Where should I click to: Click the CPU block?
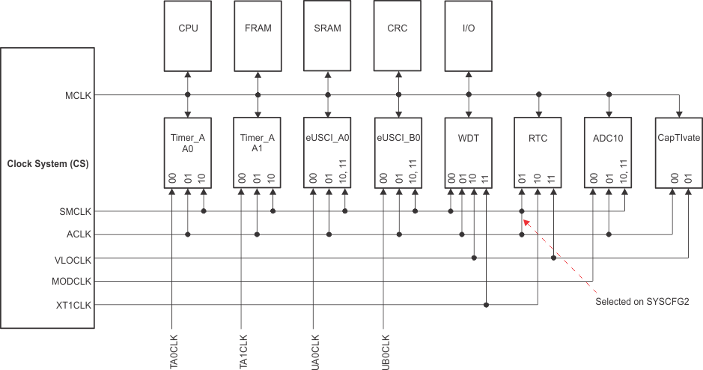pyautogui.click(x=187, y=28)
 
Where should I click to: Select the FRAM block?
pyautogui.click(x=258, y=28)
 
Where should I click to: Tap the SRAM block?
pyautogui.click(x=327, y=28)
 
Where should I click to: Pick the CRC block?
pyautogui.click(x=398, y=28)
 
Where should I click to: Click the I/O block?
pyautogui.click(x=468, y=28)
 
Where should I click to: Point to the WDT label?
pyautogui.click(x=468, y=139)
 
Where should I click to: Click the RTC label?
pyautogui.click(x=538, y=139)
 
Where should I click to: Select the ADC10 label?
pyautogui.click(x=608, y=139)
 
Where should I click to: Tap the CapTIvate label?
pyautogui.click(x=678, y=139)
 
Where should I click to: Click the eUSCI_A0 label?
pyautogui.click(x=327, y=139)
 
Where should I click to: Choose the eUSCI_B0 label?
pyautogui.click(x=398, y=139)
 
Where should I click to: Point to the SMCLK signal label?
pyautogui.click(x=76, y=212)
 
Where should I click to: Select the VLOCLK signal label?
pyautogui.click(x=73, y=258)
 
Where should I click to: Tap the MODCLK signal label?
pyautogui.click(x=72, y=282)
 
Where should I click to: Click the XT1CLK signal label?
pyautogui.click(x=73, y=306)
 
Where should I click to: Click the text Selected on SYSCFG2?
pyautogui.click(x=641, y=302)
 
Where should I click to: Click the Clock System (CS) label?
pyautogui.click(x=47, y=164)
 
